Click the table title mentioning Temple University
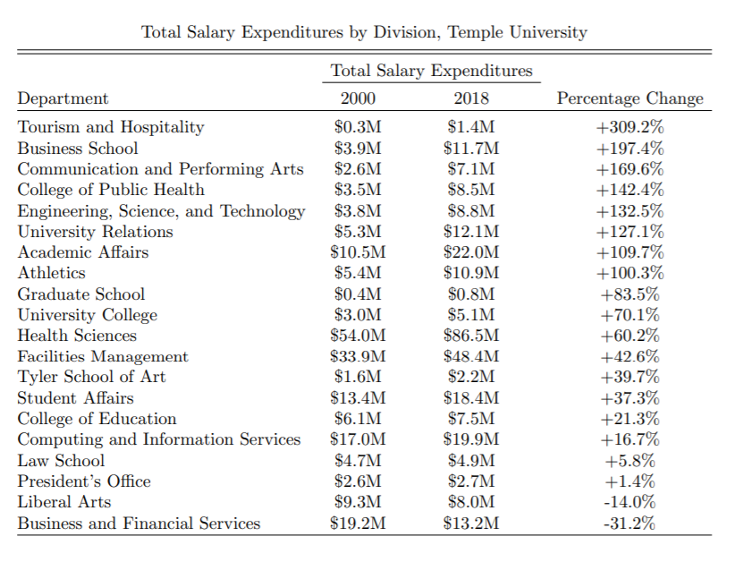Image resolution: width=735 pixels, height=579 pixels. tap(364, 32)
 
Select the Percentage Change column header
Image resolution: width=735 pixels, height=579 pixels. tap(629, 98)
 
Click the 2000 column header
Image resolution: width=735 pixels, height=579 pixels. tap(358, 98)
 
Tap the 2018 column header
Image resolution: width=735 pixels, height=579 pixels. tap(471, 98)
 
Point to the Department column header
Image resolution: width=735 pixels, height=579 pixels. tap(63, 98)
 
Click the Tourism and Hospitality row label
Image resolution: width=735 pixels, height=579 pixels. tap(111, 127)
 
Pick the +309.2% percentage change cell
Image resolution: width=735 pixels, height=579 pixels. tap(629, 127)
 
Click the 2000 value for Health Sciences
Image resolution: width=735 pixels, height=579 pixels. tap(358, 336)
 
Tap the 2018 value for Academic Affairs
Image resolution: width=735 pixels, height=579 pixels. tap(471, 252)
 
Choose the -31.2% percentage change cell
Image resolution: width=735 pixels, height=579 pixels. tap(629, 524)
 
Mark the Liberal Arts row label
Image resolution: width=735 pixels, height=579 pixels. tap(64, 502)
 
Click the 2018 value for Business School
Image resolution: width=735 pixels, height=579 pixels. tap(471, 149)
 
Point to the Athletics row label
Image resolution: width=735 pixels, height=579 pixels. tap(52, 273)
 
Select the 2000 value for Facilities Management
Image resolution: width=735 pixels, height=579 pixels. tap(358, 356)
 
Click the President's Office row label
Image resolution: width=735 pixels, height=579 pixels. tap(84, 481)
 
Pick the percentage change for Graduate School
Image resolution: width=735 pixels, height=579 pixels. tap(629, 294)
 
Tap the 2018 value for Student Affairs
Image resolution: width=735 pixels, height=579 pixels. tap(471, 398)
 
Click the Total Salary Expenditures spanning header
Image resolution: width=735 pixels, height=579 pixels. tap(431, 71)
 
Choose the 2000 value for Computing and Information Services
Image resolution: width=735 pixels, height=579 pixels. tap(358, 439)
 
